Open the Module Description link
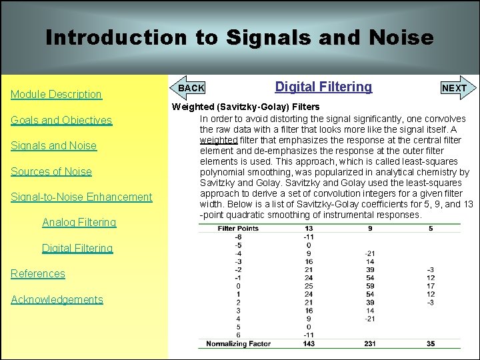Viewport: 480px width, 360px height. pos(56,95)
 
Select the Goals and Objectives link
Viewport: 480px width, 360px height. pos(61,120)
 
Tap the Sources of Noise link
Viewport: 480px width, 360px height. pos(51,171)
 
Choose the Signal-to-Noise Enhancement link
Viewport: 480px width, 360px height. pos(81,197)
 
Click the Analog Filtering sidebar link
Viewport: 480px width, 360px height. pos(79,222)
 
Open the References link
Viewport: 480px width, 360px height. pos(38,273)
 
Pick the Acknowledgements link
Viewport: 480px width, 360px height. pos(57,299)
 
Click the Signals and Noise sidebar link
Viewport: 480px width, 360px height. pos(53,146)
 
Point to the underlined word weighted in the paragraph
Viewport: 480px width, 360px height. pos(219,140)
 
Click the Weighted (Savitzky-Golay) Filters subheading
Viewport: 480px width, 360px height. pos(246,107)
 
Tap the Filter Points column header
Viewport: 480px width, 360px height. pos(238,229)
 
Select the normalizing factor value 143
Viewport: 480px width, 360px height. pos(308,343)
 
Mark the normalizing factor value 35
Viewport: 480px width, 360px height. pos(431,343)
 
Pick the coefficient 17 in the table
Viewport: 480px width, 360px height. pos(431,286)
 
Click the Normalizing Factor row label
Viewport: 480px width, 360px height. pos(237,343)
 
